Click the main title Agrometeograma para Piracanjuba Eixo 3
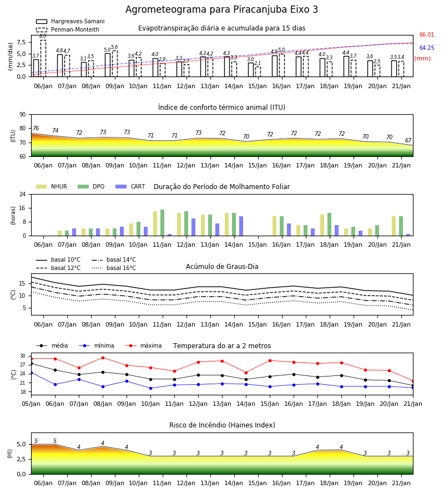click(221, 9)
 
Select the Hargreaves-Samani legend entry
click(70, 21)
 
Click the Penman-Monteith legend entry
click(68, 29)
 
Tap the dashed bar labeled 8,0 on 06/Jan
click(43, 58)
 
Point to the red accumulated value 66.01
click(427, 35)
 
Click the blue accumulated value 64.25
click(427, 48)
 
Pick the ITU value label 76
click(36, 128)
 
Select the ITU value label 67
click(408, 140)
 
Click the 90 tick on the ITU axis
click(22, 115)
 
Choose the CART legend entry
click(130, 186)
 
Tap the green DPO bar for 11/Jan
click(163, 223)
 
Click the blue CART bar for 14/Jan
click(241, 226)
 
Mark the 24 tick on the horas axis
click(22, 194)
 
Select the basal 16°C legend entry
click(114, 268)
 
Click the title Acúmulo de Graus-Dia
click(222, 267)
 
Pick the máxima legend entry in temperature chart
click(143, 345)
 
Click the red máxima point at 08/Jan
click(103, 358)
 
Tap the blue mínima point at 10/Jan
click(150, 388)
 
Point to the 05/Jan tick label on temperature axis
click(31, 404)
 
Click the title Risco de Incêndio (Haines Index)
click(222, 425)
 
